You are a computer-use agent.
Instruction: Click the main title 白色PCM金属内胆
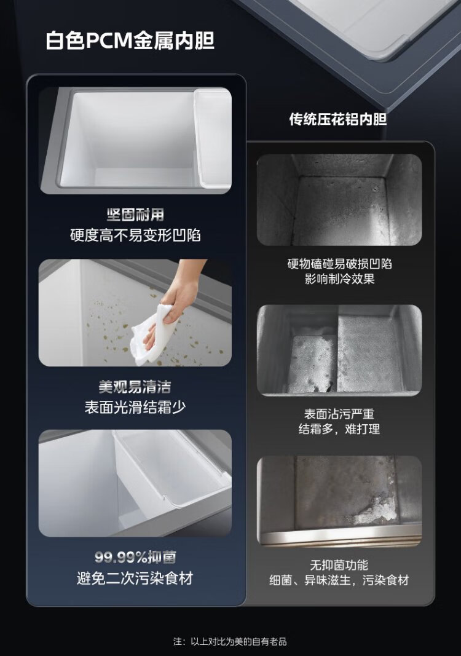tap(130, 41)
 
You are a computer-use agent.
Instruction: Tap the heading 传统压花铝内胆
tap(338, 119)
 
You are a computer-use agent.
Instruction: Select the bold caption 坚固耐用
tap(135, 215)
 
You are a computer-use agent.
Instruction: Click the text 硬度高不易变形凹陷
tap(135, 235)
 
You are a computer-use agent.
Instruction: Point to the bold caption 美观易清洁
tap(135, 387)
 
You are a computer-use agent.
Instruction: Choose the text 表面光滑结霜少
tap(135, 407)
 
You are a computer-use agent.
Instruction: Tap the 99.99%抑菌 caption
tap(135, 557)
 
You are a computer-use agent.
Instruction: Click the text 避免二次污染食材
tap(135, 578)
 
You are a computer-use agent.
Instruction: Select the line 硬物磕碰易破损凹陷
tap(339, 264)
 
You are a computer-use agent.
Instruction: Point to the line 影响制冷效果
tap(339, 279)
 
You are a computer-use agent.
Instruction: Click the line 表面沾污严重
tap(339, 414)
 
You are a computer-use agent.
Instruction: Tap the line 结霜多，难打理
tap(339, 429)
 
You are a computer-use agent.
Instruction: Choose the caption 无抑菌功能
tap(339, 565)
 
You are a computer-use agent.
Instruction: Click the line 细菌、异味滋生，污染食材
tap(339, 580)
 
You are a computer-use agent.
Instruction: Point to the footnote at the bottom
tap(230, 641)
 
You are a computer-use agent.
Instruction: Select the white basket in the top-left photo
tap(213, 138)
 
